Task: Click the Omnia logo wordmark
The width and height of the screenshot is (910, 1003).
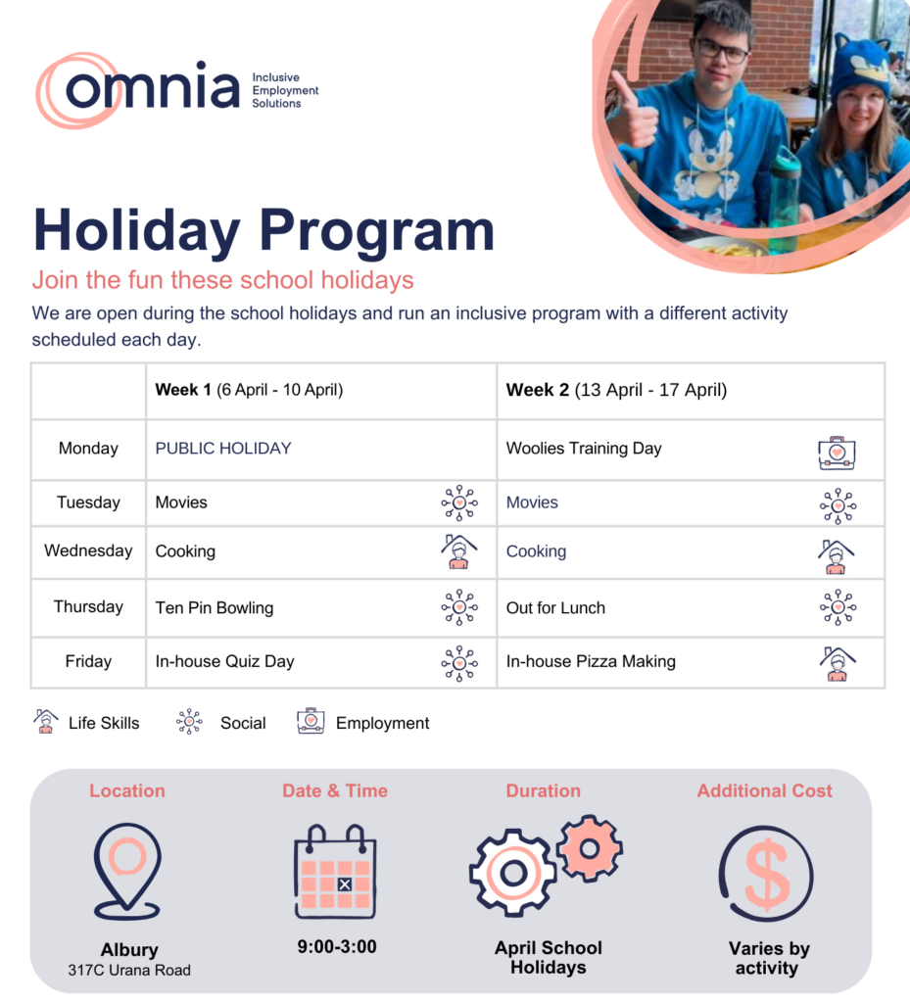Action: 152,88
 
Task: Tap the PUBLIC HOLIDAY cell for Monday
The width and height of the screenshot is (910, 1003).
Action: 223,449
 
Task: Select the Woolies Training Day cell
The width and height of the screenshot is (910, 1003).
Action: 584,449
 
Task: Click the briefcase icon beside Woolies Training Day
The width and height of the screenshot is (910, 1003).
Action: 837,452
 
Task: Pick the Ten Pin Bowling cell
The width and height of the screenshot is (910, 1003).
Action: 215,608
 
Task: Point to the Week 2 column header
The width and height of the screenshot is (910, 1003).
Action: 616,390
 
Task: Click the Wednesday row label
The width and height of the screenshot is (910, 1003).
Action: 88,550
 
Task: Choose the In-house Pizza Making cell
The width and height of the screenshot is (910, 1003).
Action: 591,661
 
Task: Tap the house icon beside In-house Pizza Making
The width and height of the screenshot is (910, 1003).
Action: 837,663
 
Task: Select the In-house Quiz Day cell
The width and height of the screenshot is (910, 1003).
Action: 224,661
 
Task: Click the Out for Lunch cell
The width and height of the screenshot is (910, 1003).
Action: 555,608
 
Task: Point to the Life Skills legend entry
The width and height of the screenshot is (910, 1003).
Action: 88,723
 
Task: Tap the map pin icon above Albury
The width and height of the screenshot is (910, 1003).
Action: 127,870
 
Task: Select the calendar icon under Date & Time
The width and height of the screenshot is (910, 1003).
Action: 336,872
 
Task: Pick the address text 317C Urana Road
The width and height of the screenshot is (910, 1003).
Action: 129,971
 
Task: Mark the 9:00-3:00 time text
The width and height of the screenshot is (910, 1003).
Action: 337,947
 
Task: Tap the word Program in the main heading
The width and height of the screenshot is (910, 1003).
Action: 381,230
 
